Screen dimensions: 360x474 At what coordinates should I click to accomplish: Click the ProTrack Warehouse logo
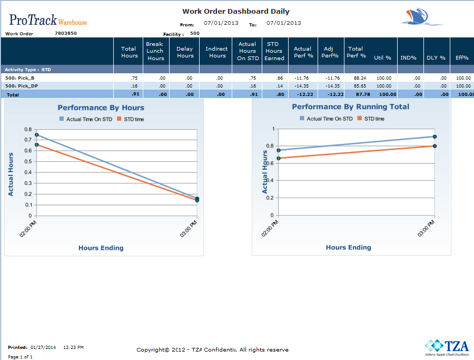click(x=48, y=20)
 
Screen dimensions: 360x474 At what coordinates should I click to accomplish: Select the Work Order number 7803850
click(x=66, y=33)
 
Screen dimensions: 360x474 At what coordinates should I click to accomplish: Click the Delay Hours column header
click(x=185, y=52)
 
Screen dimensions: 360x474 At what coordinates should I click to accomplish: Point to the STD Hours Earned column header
click(x=273, y=51)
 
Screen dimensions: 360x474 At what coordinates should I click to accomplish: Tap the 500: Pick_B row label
click(x=19, y=78)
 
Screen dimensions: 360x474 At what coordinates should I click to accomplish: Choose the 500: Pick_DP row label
click(x=21, y=85)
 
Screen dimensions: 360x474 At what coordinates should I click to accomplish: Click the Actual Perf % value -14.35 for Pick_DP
click(x=301, y=85)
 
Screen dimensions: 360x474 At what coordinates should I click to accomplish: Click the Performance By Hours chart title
click(x=101, y=108)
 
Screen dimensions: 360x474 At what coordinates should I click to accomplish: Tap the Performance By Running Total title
click(x=351, y=106)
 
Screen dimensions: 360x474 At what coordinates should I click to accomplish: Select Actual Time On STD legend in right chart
click(x=327, y=119)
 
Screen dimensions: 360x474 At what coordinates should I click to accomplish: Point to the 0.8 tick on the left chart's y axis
click(x=29, y=129)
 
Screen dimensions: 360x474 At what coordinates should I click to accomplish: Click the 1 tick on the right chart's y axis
click(x=273, y=129)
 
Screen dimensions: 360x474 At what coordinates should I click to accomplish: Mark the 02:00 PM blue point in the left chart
click(x=37, y=135)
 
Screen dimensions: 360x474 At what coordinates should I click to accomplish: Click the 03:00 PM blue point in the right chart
click(x=434, y=137)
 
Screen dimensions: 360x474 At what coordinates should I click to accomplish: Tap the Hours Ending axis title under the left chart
click(x=101, y=248)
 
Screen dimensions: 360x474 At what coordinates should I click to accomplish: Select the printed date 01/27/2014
click(x=43, y=347)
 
